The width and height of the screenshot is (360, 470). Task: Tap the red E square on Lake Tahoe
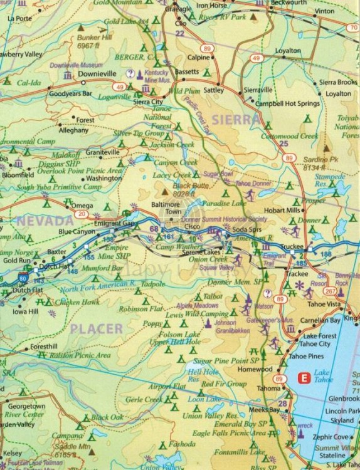coord(304,378)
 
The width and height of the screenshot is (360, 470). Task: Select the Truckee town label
coord(294,247)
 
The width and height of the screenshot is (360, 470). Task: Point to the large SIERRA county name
coord(235,119)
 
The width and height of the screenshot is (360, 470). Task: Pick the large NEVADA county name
coord(45,221)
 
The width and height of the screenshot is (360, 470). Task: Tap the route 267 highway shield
coord(330,290)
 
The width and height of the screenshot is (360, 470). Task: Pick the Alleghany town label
coord(73,131)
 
